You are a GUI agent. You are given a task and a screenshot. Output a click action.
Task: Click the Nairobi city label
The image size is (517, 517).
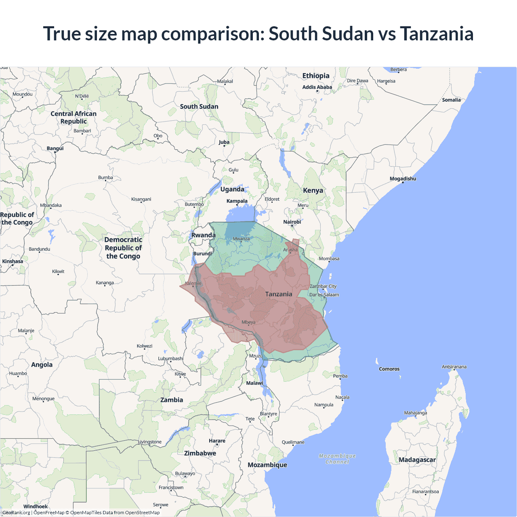pos(292,222)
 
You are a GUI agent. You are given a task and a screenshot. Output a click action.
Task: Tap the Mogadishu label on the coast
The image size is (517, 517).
pos(403,179)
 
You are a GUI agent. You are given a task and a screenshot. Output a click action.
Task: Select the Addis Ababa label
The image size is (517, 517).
pos(317,87)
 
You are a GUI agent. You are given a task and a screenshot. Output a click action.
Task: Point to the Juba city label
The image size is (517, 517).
pos(224,142)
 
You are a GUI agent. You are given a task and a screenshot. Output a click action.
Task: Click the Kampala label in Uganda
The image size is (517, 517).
pos(237,201)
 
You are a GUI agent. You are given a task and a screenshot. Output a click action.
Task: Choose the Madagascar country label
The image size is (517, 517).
pos(417,460)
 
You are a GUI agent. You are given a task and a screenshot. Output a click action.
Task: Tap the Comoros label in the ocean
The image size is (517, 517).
pos(389,369)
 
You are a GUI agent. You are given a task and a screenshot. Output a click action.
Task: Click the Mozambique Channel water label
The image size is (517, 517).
pos(337,459)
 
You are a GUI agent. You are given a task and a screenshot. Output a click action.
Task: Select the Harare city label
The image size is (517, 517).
pos(217,441)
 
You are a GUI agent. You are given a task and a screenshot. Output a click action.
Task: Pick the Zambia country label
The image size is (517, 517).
pos(172,400)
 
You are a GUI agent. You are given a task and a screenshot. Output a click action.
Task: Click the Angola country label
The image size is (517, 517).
pos(42,365)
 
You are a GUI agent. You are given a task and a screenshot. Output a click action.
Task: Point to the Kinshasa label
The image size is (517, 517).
pos(13,261)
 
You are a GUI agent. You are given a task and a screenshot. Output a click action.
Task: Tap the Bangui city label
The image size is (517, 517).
pos(55,148)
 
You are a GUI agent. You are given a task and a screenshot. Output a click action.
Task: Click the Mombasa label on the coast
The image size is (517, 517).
pos(329,258)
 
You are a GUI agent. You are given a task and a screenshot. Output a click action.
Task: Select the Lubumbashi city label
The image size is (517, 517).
pos(170,358)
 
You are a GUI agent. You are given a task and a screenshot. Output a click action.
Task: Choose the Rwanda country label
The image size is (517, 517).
pos(203,235)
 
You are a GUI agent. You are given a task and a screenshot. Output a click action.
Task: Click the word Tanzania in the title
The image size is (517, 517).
pos(437,34)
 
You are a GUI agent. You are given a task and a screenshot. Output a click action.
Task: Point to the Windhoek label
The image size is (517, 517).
pos(36,506)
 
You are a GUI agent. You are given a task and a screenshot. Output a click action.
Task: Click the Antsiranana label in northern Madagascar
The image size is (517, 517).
pos(454,367)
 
